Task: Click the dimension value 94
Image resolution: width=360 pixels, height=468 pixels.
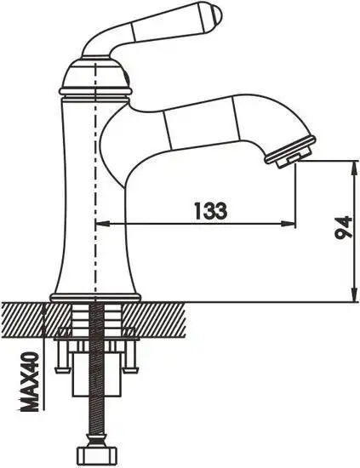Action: point(342,228)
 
